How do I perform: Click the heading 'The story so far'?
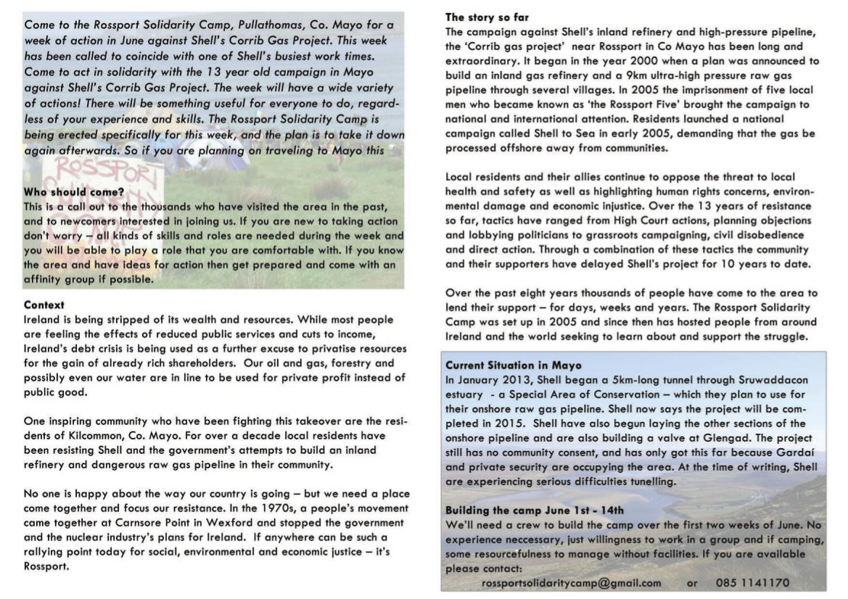pyautogui.click(x=487, y=17)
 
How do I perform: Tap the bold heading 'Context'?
pyautogui.click(x=44, y=305)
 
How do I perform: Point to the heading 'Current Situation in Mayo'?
pyautogui.click(x=514, y=365)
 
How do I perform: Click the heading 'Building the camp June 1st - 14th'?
pyautogui.click(x=535, y=510)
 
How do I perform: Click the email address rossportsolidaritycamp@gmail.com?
pyautogui.click(x=571, y=582)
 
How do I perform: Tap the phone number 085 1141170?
pyautogui.click(x=752, y=582)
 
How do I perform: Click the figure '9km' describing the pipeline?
pyautogui.click(x=672, y=75)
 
